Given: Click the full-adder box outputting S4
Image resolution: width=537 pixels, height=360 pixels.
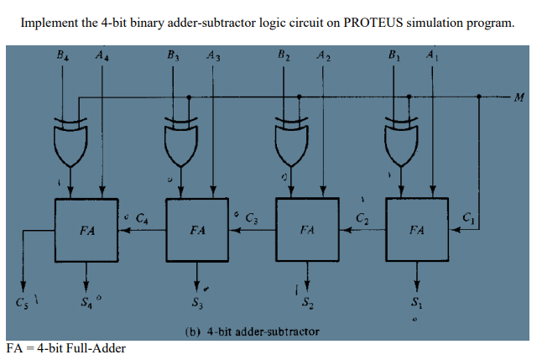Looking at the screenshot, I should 86,228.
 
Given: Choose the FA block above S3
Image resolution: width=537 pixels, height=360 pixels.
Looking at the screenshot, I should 197,228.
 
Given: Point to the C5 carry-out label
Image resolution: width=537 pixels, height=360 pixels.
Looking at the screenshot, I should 18,300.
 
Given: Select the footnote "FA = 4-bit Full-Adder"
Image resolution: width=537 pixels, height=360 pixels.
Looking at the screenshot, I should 66,347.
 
